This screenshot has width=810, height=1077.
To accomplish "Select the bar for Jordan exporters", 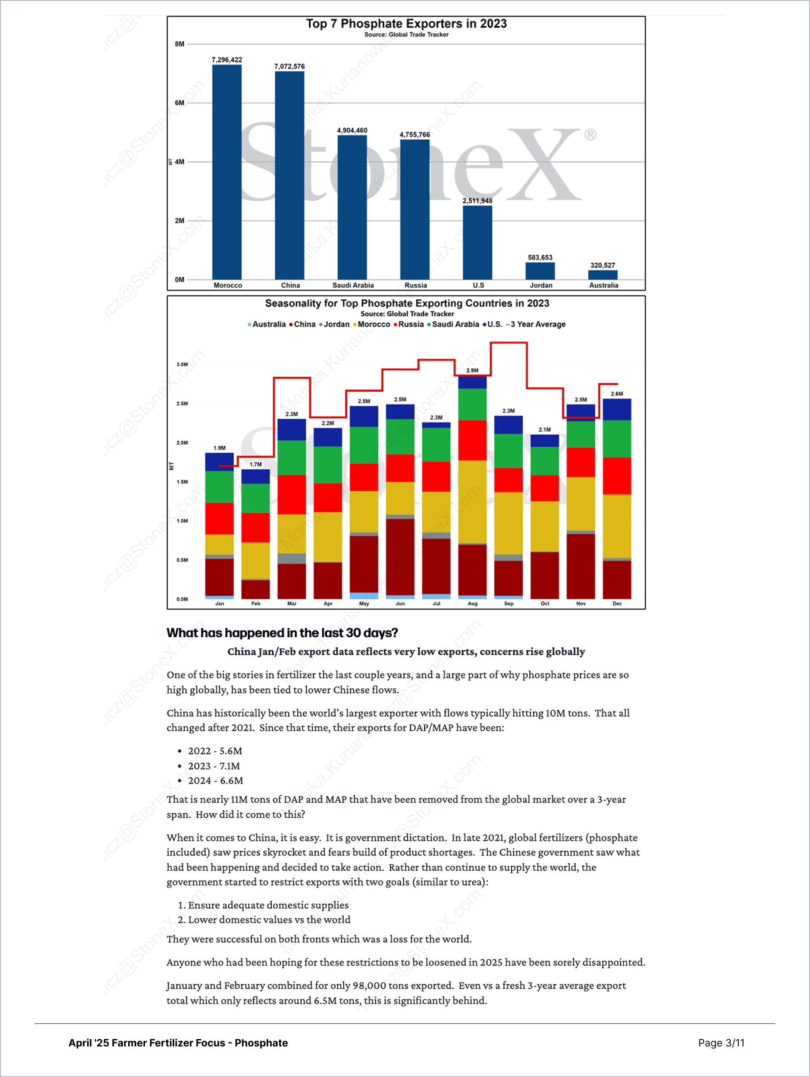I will (540, 271).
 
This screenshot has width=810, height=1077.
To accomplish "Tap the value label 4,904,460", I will (352, 130).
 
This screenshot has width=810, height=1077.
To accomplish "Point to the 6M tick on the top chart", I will (180, 103).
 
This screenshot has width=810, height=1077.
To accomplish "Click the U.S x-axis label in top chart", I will (478, 285).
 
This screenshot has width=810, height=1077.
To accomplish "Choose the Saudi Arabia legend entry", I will (455, 324).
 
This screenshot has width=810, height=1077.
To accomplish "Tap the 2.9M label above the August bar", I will (472, 371).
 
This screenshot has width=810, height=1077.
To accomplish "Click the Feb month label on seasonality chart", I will (256, 604).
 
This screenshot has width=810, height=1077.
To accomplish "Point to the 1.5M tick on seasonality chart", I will (182, 482).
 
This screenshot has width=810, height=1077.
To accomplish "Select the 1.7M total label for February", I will (256, 464).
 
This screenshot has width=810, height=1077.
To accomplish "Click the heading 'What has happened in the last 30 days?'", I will (282, 633).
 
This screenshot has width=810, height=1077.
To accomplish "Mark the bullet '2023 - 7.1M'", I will (214, 766).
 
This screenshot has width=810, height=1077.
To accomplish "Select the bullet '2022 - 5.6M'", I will (215, 751).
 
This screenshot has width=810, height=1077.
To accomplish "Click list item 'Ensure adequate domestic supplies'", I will (268, 905).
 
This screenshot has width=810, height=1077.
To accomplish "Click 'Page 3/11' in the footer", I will (721, 1043).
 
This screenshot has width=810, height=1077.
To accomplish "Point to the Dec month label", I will (617, 604).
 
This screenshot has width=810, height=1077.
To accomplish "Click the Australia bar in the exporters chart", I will (602, 275).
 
